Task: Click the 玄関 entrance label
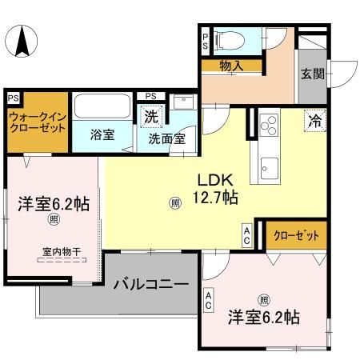[311, 74]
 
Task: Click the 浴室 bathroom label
[101, 134]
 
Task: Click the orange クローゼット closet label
[296, 236]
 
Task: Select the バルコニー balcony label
[150, 284]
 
